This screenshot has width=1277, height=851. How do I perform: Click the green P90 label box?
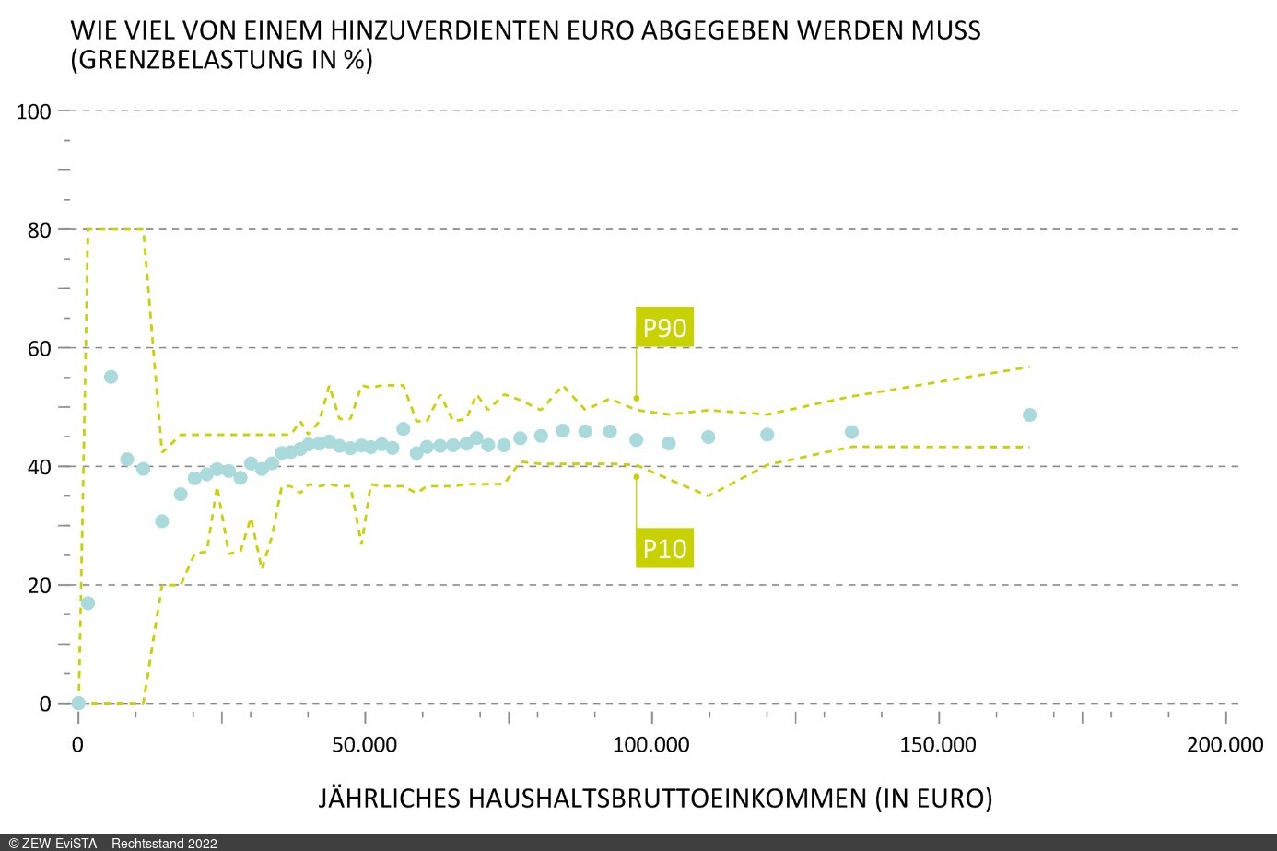(x=664, y=328)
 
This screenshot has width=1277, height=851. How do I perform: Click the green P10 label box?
(x=664, y=548)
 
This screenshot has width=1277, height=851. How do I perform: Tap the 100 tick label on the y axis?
(x=34, y=111)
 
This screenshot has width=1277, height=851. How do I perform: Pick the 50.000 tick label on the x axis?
(x=365, y=745)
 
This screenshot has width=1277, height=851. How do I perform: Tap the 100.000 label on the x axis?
(x=651, y=745)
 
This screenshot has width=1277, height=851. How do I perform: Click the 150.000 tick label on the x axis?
(x=938, y=745)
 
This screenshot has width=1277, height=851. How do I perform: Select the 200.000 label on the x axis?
(x=1224, y=745)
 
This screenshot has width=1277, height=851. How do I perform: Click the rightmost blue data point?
(x=1029, y=415)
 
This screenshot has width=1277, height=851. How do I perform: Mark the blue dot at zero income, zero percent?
(x=78, y=703)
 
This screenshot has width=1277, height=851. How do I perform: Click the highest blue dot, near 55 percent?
(x=111, y=377)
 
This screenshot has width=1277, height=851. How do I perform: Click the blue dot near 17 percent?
(x=88, y=603)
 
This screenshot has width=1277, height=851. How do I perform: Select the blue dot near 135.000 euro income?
(x=851, y=432)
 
